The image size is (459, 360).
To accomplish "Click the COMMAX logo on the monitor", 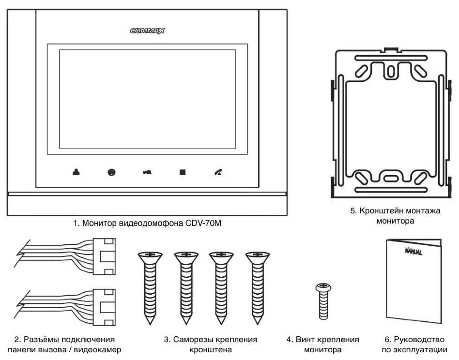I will click(147, 30).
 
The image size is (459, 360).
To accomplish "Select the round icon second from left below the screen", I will click(111, 172).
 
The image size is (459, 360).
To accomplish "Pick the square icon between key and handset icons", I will click(183, 172).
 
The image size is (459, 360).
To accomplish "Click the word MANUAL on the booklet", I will click(413, 252).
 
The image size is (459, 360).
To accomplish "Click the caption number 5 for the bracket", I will click(352, 211).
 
